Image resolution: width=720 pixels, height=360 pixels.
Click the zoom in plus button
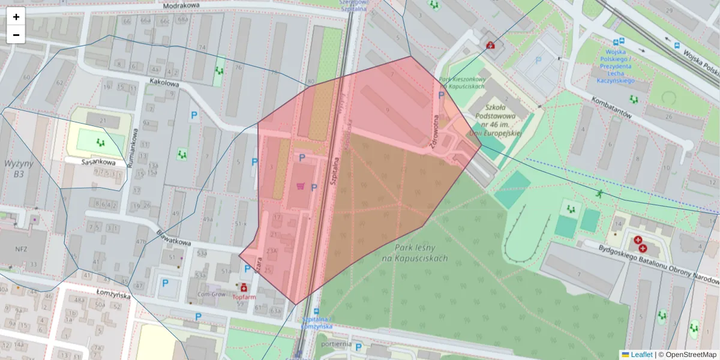click(x=16, y=17)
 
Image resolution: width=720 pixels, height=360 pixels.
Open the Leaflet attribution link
click(x=641, y=355)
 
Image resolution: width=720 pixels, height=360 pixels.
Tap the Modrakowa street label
click(x=181, y=5)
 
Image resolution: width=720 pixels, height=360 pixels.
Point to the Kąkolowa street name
click(x=164, y=85)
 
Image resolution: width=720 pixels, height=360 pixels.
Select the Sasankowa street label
click(x=98, y=162)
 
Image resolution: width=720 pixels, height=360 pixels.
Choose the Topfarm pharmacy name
click(x=244, y=297)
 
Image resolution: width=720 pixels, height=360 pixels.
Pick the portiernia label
click(x=335, y=344)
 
